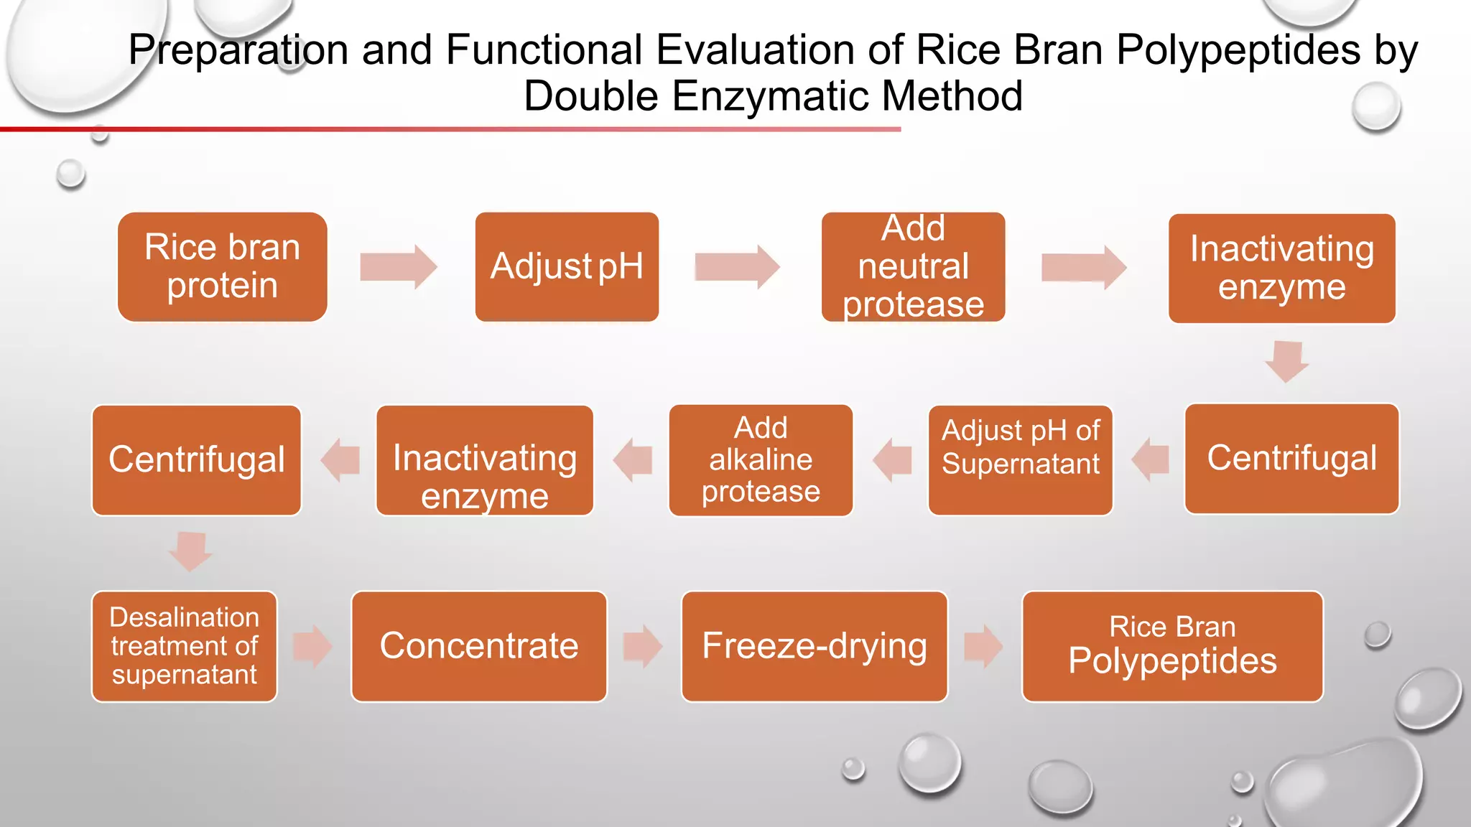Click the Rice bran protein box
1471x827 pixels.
(x=222, y=266)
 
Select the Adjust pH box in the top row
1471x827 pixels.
(x=567, y=266)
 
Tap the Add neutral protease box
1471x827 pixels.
(x=913, y=266)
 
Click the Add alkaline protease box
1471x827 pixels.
(x=761, y=460)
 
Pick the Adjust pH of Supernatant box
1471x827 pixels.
(x=1020, y=460)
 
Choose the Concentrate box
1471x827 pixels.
(x=479, y=646)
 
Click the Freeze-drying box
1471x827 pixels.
(x=814, y=646)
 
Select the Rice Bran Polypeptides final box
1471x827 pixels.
(x=1172, y=646)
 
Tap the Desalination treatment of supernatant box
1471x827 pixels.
(x=185, y=646)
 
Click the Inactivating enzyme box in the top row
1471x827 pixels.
(x=1281, y=268)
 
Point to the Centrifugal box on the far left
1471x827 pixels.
(x=196, y=460)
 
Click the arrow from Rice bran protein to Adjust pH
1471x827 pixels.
(x=399, y=267)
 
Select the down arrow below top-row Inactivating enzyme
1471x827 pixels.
(x=1286, y=361)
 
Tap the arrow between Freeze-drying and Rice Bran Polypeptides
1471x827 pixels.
(x=983, y=646)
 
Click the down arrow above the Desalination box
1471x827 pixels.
(x=190, y=551)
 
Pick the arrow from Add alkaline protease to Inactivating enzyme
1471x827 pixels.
(x=633, y=460)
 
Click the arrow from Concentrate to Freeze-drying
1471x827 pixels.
(x=643, y=646)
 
